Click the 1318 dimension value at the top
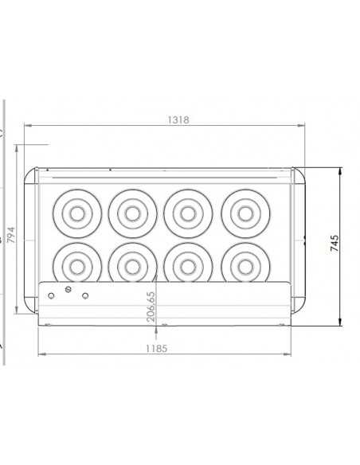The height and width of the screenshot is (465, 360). pos(178,119)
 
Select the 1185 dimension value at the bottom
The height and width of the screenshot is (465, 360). pos(157,348)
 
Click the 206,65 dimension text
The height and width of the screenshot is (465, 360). pos(151,307)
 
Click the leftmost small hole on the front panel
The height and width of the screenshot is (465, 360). pos(52,295)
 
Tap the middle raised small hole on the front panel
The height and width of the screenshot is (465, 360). pos(69,288)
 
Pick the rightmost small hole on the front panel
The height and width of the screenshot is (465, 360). pos(86,295)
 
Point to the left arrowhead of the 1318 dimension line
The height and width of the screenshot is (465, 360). pos(26,126)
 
